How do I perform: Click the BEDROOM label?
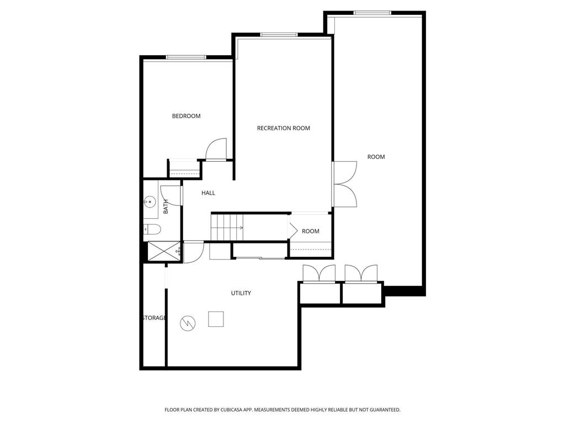coord(186,116)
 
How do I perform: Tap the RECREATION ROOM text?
coord(283,128)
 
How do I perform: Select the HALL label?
coord(208,193)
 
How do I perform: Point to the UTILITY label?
coord(241,293)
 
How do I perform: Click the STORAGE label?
coord(154,318)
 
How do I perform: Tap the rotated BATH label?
coord(166,206)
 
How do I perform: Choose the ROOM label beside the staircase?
coord(311,231)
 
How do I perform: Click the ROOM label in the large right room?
coord(376,157)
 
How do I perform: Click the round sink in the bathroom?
coord(150,203)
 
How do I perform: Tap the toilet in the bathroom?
coord(152,229)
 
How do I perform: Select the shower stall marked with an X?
coord(162,251)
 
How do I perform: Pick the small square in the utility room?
coord(216,319)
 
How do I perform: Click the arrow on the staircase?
coord(240,227)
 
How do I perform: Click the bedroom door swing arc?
coord(216,148)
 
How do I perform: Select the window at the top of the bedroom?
coord(186,57)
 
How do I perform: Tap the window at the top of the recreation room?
coord(279,35)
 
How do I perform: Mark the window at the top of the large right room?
coord(372,13)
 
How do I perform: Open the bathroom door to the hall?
coord(172,195)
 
